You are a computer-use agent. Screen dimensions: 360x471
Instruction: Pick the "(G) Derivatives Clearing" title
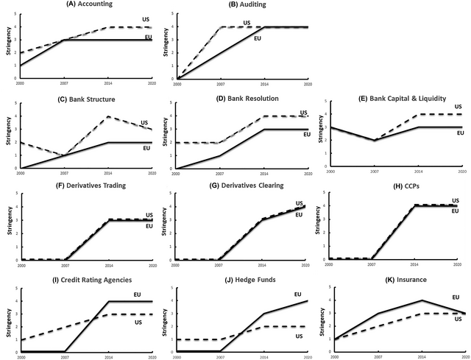coord(244,191)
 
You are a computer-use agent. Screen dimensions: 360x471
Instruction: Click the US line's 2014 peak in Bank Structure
coord(108,116)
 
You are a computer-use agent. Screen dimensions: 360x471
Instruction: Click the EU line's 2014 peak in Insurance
coord(421,300)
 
